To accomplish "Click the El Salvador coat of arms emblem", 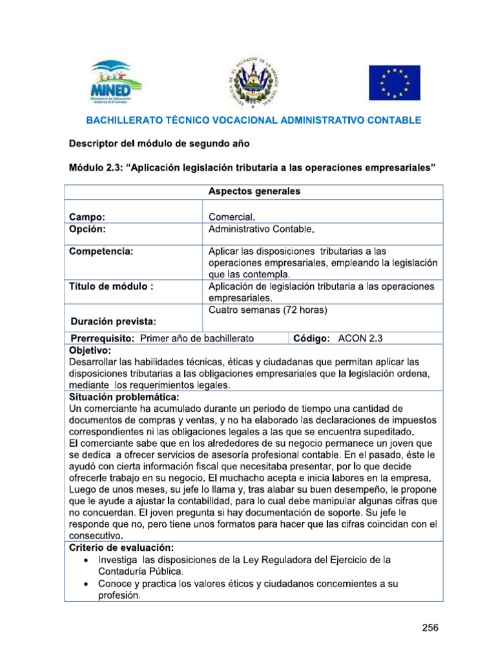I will pos(252,83).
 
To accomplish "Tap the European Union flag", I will pos(394,83).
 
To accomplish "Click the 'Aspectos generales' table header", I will pos(254,191).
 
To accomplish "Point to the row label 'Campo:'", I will pos(87,217).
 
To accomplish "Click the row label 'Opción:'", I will pos(88,230).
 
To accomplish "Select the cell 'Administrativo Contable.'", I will pos(262,230).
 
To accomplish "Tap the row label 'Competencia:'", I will pos(101,251).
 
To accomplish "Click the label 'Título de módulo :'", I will pos(111,286).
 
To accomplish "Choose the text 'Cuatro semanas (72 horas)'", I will pos(269,310).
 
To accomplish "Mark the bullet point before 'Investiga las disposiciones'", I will pos(87,559).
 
